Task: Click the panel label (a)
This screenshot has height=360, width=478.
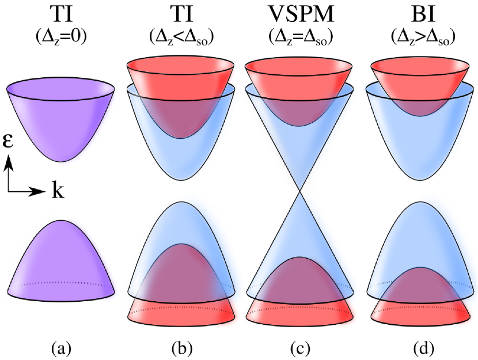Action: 61,348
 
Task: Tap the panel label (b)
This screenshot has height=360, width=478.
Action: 180,348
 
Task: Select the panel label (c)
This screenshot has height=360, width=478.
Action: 299,348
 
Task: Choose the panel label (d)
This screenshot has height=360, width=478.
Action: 418,348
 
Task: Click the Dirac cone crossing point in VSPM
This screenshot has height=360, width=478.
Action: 299,192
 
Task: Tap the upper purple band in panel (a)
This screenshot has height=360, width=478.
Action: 61,121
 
